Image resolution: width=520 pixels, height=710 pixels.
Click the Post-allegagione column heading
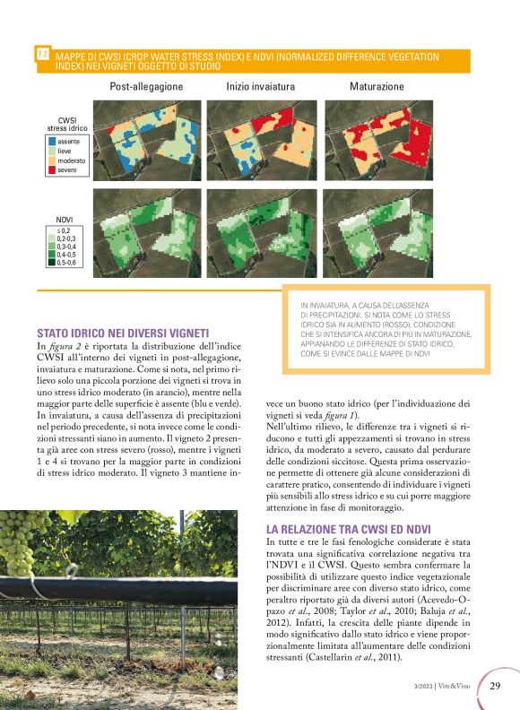coord(146,87)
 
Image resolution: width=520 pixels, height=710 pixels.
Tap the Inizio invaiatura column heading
coord(260,87)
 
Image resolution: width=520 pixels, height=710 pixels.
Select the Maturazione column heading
coord(377,87)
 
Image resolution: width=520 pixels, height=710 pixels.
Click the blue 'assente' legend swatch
coord(51,143)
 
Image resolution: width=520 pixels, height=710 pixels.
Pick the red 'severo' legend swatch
coord(51,169)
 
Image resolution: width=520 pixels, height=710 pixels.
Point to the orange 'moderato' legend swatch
coord(51,160)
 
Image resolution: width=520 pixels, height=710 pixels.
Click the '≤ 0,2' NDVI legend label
coord(65,230)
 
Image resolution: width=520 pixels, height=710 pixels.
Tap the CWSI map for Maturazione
coord(377,139)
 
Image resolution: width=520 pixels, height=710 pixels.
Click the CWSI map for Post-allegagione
coord(146,139)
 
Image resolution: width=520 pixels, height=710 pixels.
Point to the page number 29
coord(495,686)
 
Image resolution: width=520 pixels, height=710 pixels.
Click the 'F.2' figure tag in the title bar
coord(42,55)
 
